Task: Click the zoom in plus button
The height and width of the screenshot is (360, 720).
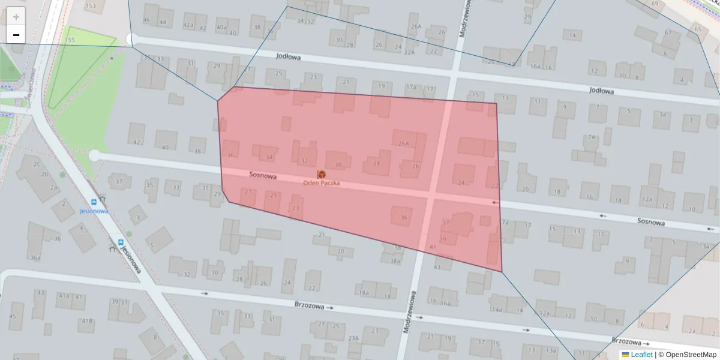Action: tap(16, 17)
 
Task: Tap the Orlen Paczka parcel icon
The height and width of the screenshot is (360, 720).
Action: tap(321, 174)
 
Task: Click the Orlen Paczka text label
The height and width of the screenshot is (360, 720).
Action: tap(321, 182)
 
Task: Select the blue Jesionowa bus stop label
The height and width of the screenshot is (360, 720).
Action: tap(94, 211)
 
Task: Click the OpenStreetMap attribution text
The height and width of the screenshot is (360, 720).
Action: tap(690, 355)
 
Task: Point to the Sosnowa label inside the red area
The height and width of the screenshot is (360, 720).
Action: tap(263, 176)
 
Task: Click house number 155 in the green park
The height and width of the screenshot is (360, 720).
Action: tap(70, 40)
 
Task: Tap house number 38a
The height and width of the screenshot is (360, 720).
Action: tap(394, 261)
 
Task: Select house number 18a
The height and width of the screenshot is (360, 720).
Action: tap(364, 293)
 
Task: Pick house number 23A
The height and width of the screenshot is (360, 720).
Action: tap(353, 338)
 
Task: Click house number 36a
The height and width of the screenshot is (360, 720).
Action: tap(35, 258)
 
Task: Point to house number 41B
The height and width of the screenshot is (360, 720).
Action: tap(87, 321)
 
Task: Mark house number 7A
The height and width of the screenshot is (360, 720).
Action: tap(592, 137)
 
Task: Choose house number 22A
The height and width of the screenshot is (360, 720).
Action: tap(409, 52)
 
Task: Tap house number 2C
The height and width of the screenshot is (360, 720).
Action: tap(37, 164)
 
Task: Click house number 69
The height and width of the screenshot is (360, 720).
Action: tap(655, 4)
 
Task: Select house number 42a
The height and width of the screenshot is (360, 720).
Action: tap(188, 25)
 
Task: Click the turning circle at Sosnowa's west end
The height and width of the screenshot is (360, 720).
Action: tap(94, 155)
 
